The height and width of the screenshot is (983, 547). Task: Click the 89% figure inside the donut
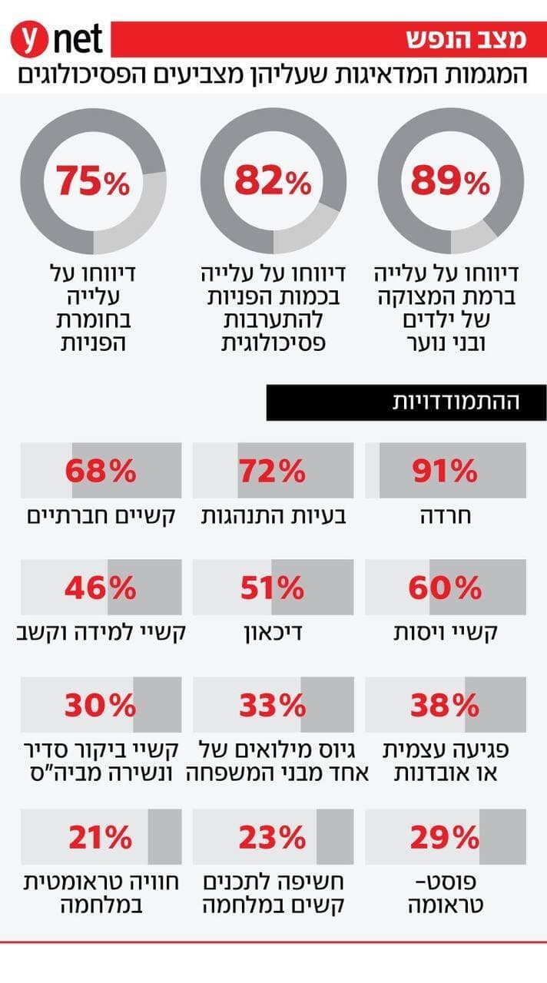[449, 182]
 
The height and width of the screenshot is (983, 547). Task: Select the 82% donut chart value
[273, 182]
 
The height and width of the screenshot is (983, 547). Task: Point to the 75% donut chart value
[93, 182]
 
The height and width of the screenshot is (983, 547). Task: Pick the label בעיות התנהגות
[273, 516]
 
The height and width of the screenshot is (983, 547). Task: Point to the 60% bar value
[445, 588]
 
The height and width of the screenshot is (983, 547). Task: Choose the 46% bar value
[100, 588]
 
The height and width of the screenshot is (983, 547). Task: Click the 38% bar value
[445, 705]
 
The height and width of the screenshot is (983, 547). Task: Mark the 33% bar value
[272, 705]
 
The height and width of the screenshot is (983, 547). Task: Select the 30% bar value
[100, 705]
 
